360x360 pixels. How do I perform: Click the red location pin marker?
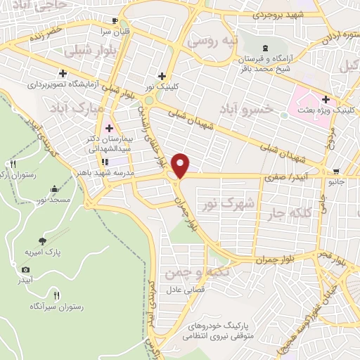[x=181, y=165]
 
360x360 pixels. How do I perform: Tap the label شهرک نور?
[x=217, y=204]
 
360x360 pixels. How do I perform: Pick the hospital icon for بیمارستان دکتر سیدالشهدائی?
[x=108, y=128]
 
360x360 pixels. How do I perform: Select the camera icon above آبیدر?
[x=26, y=269]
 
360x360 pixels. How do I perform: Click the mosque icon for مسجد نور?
[x=55, y=188]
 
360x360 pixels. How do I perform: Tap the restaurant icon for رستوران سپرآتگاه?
[x=56, y=295]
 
